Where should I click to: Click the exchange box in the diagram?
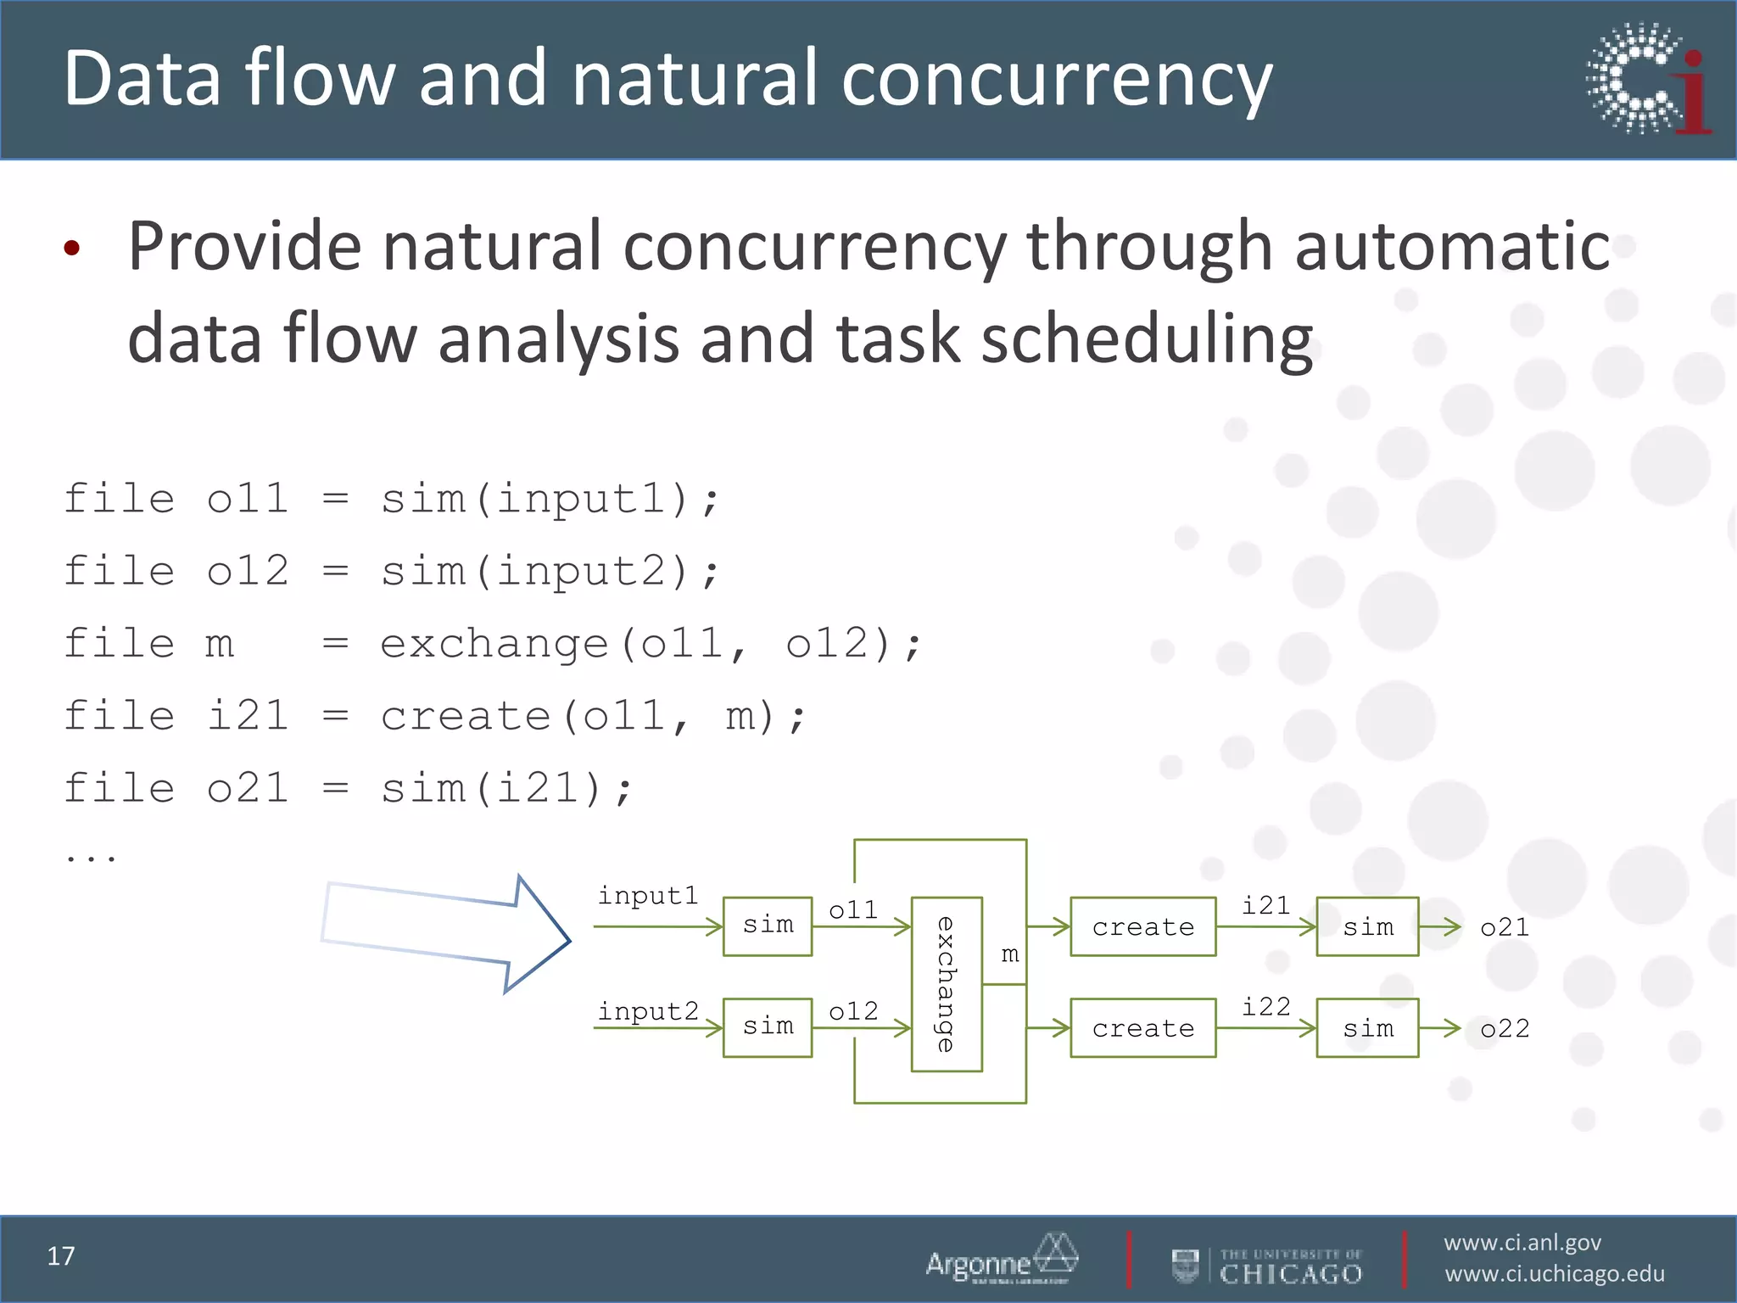tap(947, 984)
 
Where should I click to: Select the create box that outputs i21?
tap(1142, 926)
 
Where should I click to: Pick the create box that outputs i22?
tap(1142, 1028)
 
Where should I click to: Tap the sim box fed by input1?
tap(768, 926)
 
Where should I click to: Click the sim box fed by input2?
tap(768, 1028)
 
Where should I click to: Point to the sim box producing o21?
tap(1367, 926)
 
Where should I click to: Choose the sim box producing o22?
tap(1367, 1028)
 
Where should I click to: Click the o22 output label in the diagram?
tap(1505, 1029)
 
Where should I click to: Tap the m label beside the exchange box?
tap(1009, 955)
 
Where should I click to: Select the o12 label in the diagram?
tap(853, 1011)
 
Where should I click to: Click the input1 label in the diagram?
tap(648, 896)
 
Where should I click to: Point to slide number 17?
tap(61, 1256)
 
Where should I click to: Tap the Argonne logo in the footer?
tap(1001, 1259)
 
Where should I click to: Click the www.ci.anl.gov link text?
tap(1522, 1243)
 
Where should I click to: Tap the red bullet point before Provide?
tap(72, 248)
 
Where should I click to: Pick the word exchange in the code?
tap(494, 644)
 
